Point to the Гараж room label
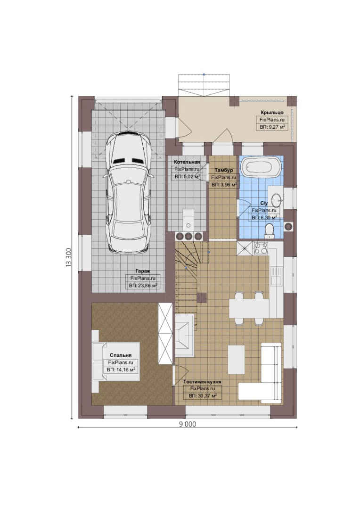[142, 271]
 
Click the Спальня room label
[121, 355]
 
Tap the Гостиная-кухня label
[202, 382]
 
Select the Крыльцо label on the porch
[272, 112]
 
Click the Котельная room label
[187, 162]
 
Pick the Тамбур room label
[224, 170]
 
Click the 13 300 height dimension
[68, 257]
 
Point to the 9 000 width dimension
[188, 424]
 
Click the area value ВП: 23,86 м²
[143, 286]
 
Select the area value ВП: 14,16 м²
[121, 370]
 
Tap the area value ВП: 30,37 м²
[203, 396]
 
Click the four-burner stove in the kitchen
[261, 248]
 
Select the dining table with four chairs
[249, 308]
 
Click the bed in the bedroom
[116, 361]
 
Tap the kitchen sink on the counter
[276, 276]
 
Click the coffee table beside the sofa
[237, 360]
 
